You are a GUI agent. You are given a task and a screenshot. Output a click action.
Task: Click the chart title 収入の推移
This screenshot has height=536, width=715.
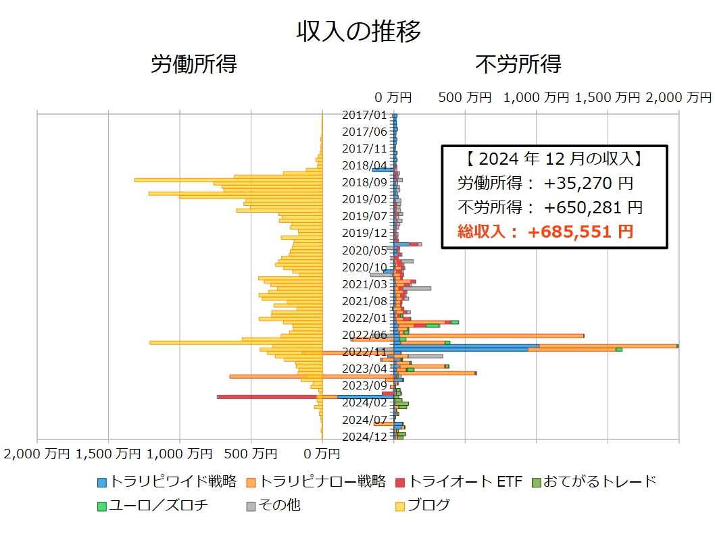[x=358, y=31]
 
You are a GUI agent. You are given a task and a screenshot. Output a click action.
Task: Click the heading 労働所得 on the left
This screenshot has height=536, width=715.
[x=194, y=64]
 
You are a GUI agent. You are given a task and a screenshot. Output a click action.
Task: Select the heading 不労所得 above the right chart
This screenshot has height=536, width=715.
[x=518, y=64]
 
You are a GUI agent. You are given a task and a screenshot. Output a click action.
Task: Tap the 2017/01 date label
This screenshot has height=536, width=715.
[x=365, y=115]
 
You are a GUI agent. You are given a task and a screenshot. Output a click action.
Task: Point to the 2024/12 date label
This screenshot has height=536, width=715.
[x=365, y=436]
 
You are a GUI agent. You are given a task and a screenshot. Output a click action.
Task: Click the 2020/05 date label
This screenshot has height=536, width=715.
[x=365, y=250]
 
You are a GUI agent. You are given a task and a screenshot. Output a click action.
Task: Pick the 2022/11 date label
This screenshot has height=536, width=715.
[x=365, y=352]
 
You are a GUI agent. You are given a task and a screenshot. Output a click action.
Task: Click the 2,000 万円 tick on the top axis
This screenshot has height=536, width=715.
[x=679, y=97]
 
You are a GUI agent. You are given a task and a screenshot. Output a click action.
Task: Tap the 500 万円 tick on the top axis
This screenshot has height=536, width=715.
[x=466, y=97]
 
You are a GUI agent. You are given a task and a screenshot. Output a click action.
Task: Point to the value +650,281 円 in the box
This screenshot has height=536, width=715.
[x=593, y=207]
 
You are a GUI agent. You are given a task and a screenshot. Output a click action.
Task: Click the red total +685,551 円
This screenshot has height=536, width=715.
[x=581, y=232]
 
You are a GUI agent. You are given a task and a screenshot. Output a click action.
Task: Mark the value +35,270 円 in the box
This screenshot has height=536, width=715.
[x=588, y=183]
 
